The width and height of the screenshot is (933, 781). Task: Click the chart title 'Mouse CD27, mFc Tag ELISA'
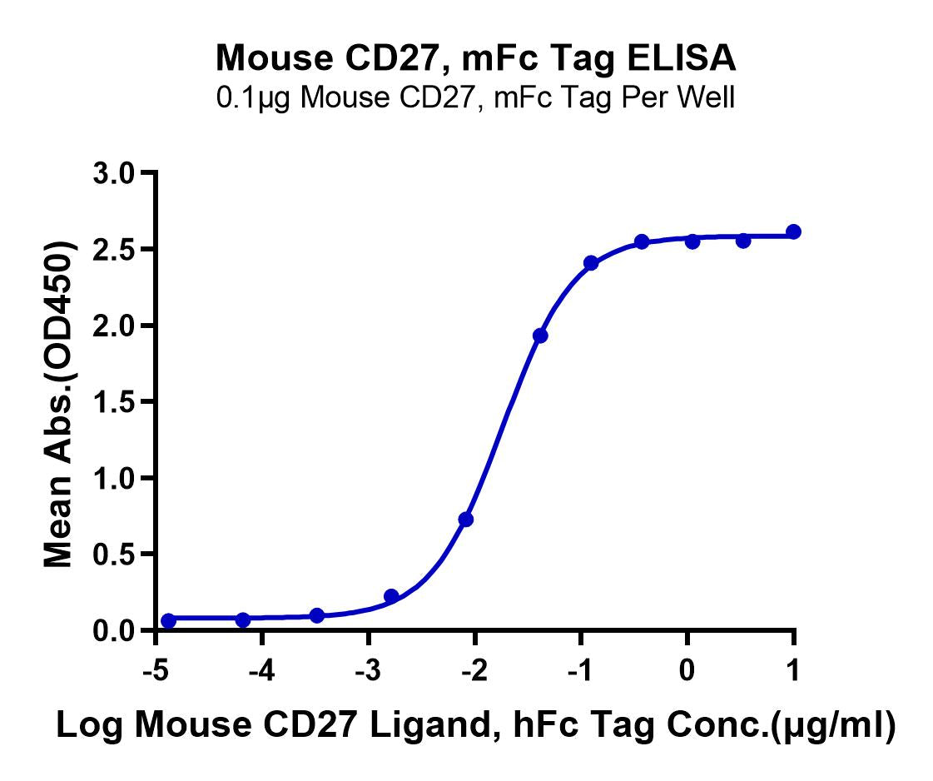pyautogui.click(x=475, y=57)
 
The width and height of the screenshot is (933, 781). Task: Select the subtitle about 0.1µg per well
pyautogui.click(x=475, y=98)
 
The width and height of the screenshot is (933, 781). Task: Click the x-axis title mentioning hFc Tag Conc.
pyautogui.click(x=475, y=725)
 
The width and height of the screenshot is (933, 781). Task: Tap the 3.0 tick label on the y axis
pyautogui.click(x=115, y=173)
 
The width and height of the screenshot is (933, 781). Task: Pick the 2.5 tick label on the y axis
pyautogui.click(x=115, y=250)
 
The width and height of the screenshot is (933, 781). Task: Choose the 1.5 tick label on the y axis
pyautogui.click(x=115, y=402)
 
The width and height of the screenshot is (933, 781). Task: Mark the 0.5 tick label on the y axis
pyautogui.click(x=115, y=555)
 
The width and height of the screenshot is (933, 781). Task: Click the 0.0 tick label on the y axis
pyautogui.click(x=115, y=630)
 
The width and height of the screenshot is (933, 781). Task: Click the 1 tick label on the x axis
pyautogui.click(x=793, y=669)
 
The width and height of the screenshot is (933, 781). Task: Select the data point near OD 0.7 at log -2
pyautogui.click(x=466, y=519)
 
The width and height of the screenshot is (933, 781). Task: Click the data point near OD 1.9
pyautogui.click(x=540, y=336)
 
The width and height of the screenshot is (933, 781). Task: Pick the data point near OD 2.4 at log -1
pyautogui.click(x=591, y=263)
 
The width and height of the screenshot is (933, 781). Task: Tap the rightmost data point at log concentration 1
pyautogui.click(x=793, y=231)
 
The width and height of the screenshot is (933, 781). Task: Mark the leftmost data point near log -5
pyautogui.click(x=169, y=620)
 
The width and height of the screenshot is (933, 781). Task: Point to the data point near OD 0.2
pyautogui.click(x=391, y=596)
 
